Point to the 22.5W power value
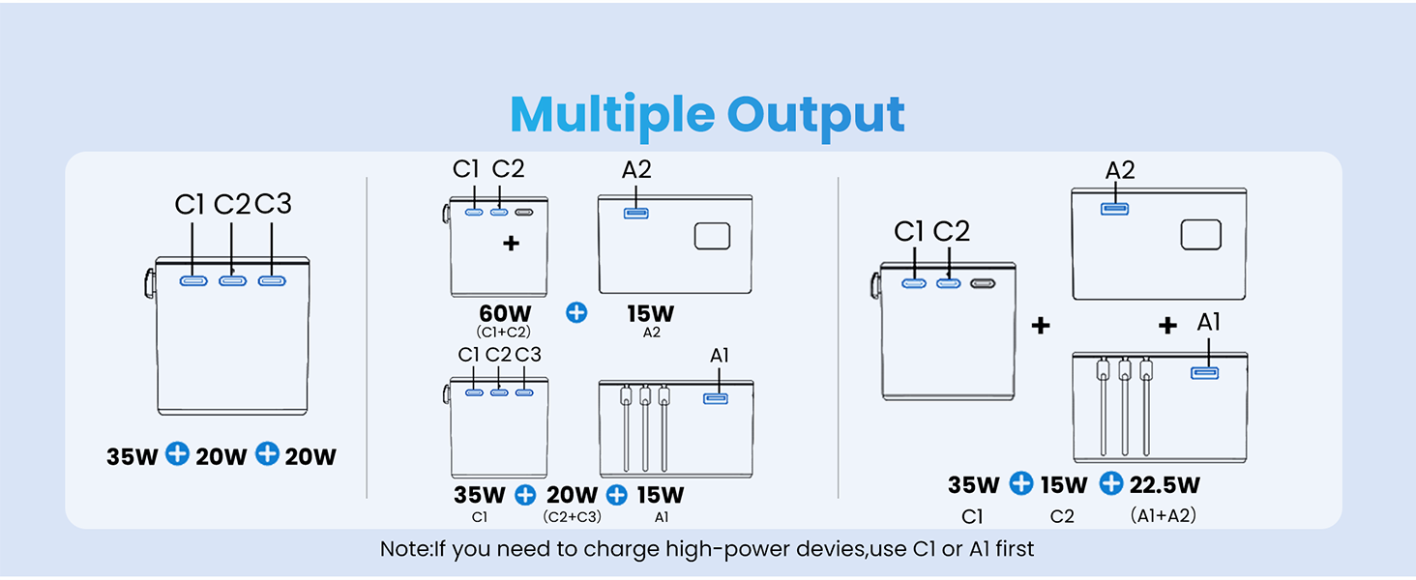1165,484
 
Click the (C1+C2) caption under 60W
503,333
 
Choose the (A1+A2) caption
1163,516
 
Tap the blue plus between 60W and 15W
576,313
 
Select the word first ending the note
1010,549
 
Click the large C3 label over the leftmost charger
273,205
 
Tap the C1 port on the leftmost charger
192,281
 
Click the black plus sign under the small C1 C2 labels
511,244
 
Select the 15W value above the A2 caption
650,314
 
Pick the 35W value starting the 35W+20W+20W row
132,456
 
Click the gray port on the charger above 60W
524,213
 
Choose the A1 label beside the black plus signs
1209,323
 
